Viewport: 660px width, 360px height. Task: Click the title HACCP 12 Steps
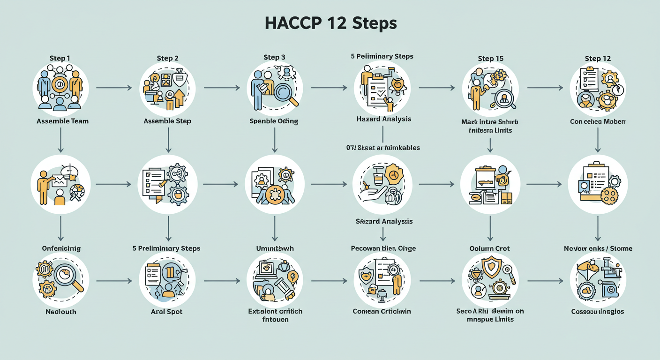(x=330, y=24)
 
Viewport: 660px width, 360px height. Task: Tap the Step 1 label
(x=60, y=58)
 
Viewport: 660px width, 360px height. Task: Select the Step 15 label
(x=491, y=59)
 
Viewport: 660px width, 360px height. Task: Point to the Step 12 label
(x=598, y=59)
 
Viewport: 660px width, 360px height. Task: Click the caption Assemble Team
(x=62, y=121)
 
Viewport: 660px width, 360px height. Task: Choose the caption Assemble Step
(x=167, y=121)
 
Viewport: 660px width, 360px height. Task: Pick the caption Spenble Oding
(x=274, y=121)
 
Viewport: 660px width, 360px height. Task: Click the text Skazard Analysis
(x=384, y=221)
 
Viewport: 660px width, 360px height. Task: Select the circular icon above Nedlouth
(x=60, y=280)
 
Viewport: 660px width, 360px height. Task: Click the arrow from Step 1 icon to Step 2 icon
(x=113, y=88)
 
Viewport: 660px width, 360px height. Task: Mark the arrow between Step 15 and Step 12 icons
(x=545, y=88)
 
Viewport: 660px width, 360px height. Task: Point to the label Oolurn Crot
(x=489, y=248)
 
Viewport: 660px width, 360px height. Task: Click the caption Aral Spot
(x=167, y=311)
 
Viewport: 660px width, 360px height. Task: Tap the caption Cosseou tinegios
(x=598, y=311)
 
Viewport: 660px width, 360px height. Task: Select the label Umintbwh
(x=275, y=248)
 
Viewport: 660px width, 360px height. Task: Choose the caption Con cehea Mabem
(x=598, y=121)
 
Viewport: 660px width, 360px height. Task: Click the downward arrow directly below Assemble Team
(x=60, y=140)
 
